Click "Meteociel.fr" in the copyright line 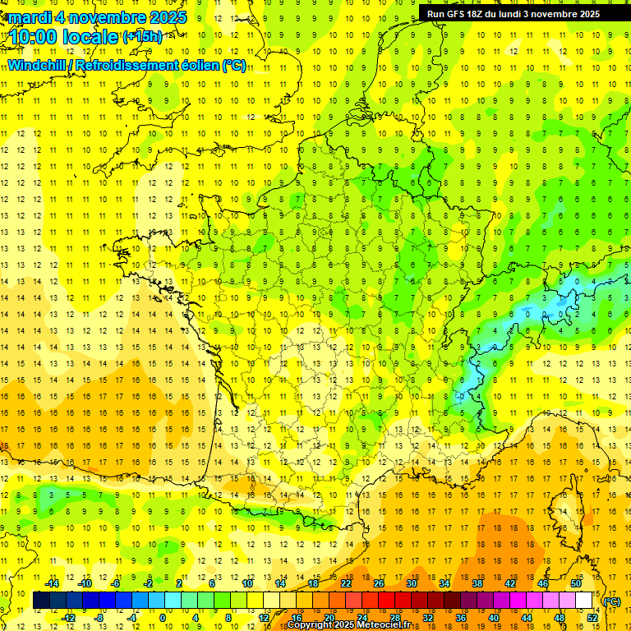click(x=390, y=625)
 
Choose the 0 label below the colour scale click(x=162, y=618)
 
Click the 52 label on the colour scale click(x=592, y=618)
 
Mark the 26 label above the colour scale click(x=379, y=583)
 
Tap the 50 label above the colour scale click(x=576, y=583)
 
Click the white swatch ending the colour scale click(x=584, y=601)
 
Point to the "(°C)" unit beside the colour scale click(x=611, y=601)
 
